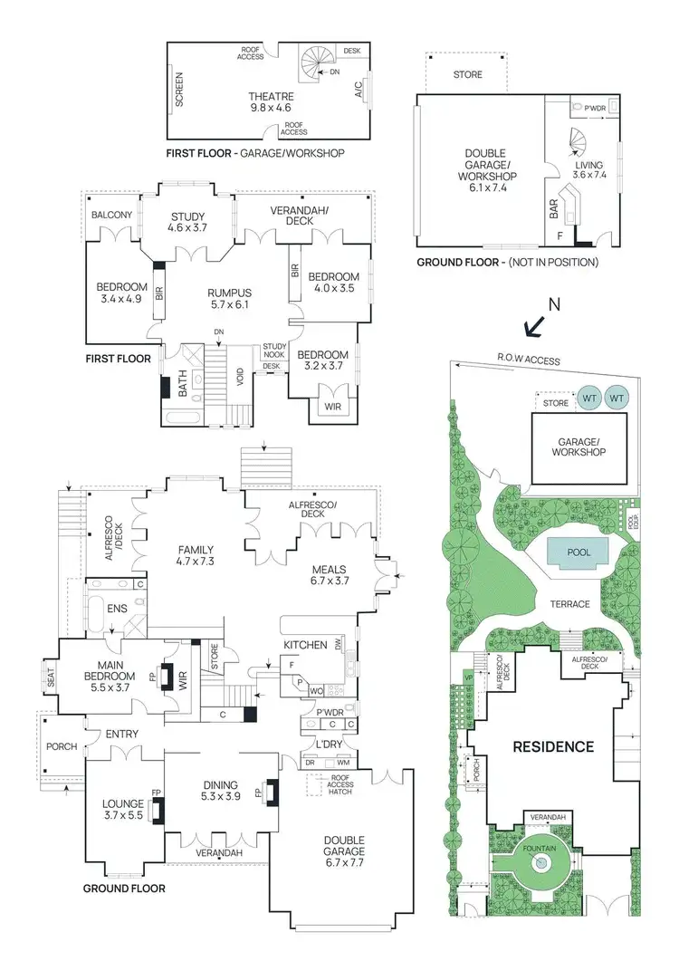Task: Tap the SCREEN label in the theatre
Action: (179, 91)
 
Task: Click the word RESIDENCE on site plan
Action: (554, 747)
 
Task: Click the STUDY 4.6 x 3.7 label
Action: (187, 222)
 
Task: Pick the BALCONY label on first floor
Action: (111, 215)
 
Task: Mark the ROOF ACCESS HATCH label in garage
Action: (339, 783)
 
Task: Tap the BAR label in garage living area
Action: (553, 211)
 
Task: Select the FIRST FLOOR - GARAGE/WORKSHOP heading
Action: (255, 153)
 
